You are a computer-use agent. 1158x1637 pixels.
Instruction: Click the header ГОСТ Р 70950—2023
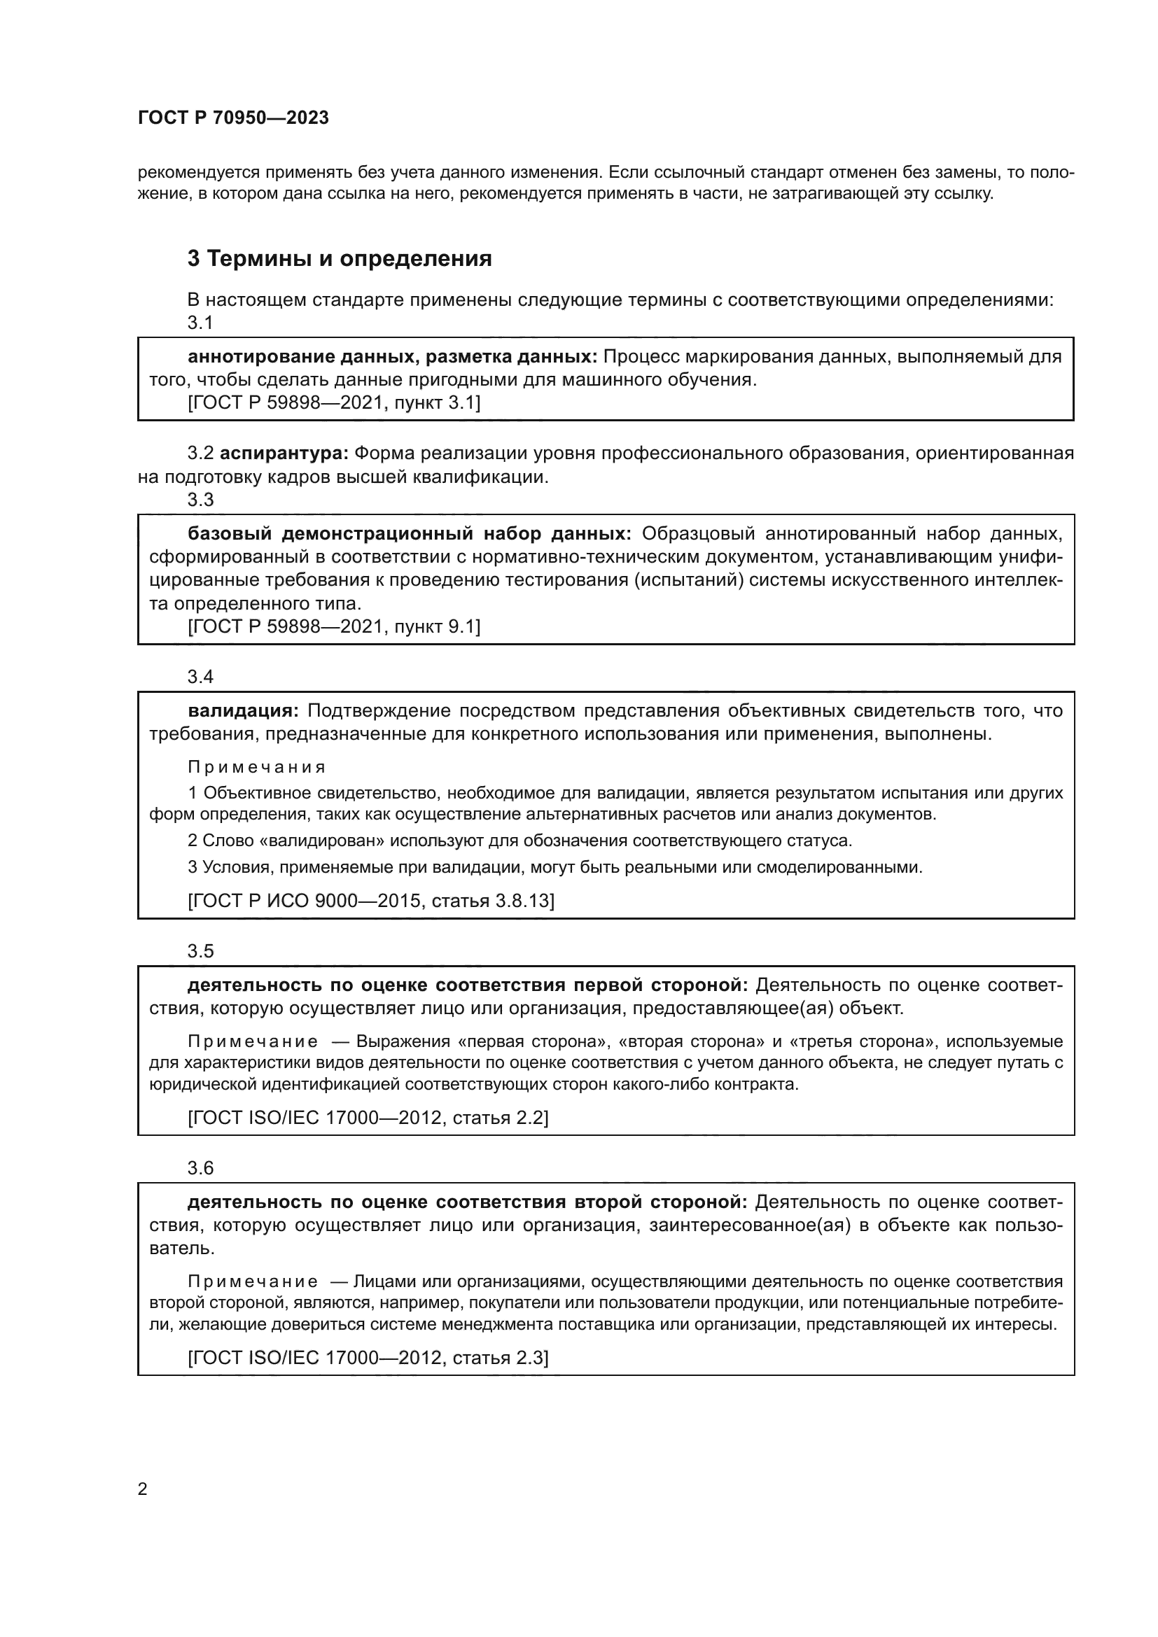click(233, 118)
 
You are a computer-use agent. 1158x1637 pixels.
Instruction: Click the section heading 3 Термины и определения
click(340, 259)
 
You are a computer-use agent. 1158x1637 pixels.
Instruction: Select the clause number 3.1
click(200, 323)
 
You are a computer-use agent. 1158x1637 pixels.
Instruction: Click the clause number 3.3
click(200, 500)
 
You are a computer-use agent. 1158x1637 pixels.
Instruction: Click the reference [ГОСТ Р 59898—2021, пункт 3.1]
click(334, 404)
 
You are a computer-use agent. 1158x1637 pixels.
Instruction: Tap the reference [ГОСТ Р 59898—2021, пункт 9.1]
click(334, 626)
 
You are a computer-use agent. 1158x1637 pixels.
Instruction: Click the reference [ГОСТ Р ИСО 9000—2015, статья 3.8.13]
click(371, 901)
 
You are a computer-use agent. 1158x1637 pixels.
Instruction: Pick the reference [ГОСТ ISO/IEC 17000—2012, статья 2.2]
click(368, 1117)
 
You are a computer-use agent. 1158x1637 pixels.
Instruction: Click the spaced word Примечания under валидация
click(256, 767)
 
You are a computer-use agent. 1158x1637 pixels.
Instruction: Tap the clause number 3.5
click(200, 951)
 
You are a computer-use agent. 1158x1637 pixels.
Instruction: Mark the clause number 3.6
click(200, 1168)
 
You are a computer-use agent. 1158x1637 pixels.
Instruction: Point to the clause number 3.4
click(200, 677)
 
